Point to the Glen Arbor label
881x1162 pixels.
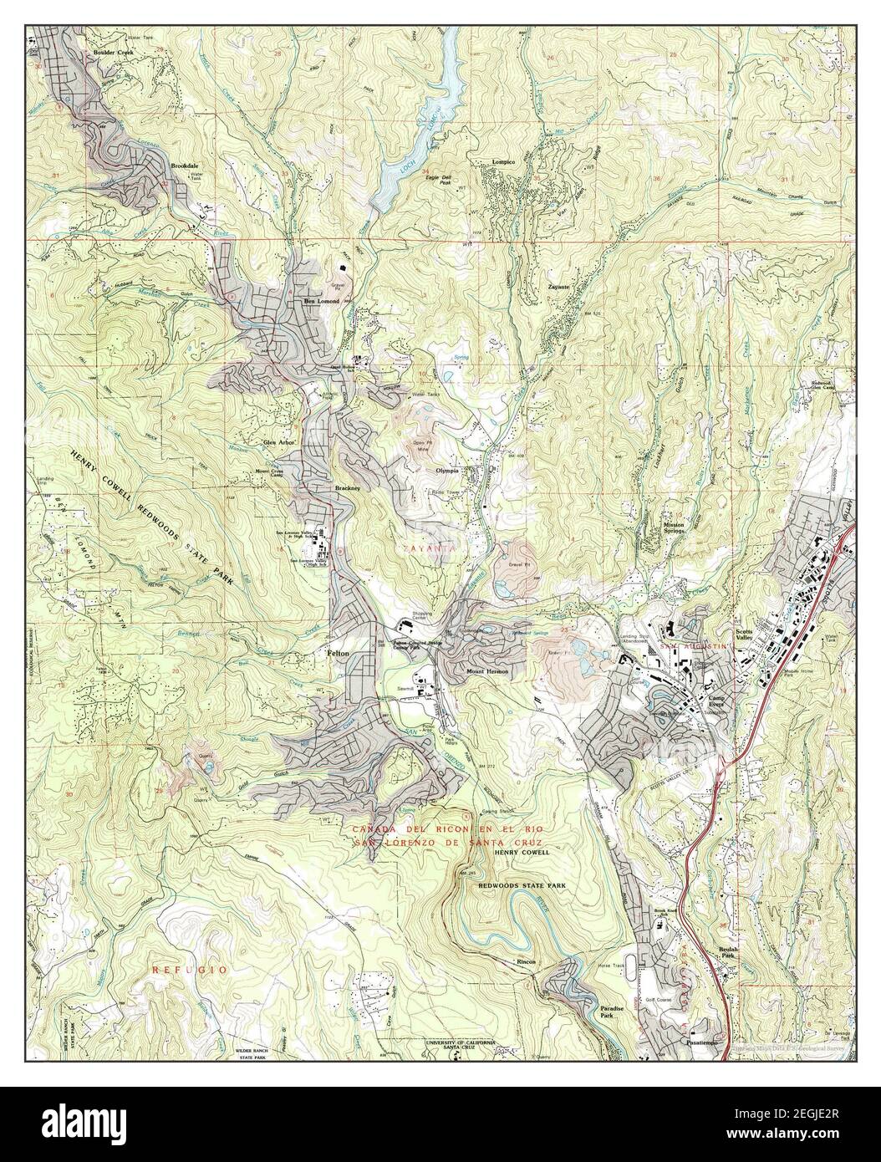click(281, 442)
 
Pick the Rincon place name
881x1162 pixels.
click(526, 961)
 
